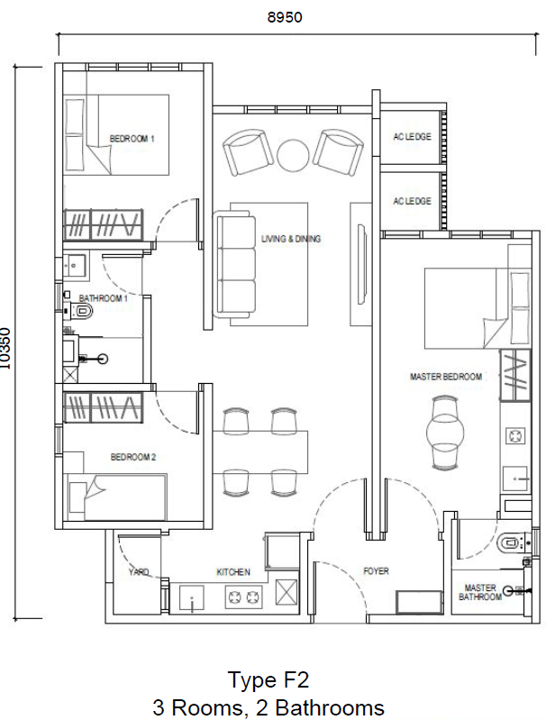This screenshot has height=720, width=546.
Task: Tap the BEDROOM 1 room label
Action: pos(132,139)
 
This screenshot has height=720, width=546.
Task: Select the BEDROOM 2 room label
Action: pos(133,458)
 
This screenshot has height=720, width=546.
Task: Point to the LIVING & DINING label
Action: pos(291,240)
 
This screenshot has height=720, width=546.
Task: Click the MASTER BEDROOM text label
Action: pos(445,377)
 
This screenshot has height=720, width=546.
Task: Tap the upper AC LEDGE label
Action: pos(412,137)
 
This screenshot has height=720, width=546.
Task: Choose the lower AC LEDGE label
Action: pos(412,202)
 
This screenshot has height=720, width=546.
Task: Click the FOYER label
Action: pos(376,571)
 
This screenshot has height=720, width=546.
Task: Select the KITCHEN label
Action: pos(233,572)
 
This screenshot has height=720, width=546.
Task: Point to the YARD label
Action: pos(139,572)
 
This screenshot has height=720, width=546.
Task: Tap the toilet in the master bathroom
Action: pos(510,542)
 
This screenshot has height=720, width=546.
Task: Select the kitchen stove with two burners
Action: pos(241,596)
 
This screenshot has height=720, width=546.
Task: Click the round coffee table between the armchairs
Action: pos(292,154)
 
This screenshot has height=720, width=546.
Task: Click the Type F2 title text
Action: pos(268,679)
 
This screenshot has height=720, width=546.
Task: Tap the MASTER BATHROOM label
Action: pos(480,591)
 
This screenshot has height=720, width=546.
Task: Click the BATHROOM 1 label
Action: pos(102,297)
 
